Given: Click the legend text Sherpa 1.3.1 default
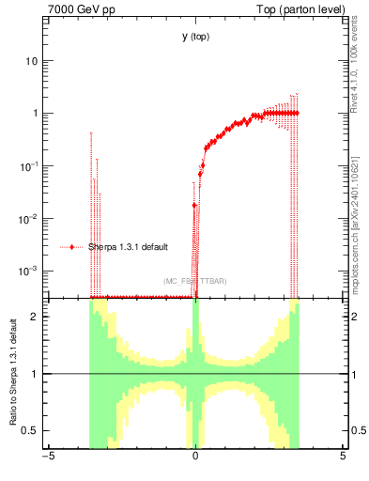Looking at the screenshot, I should tap(128, 247).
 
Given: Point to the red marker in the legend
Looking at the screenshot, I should tap(73, 247).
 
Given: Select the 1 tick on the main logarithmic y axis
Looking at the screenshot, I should tap(35, 114).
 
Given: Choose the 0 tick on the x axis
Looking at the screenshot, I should tap(195, 458).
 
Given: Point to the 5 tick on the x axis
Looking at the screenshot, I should tap(343, 458).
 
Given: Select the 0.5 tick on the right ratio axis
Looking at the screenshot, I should tap(357, 430).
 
